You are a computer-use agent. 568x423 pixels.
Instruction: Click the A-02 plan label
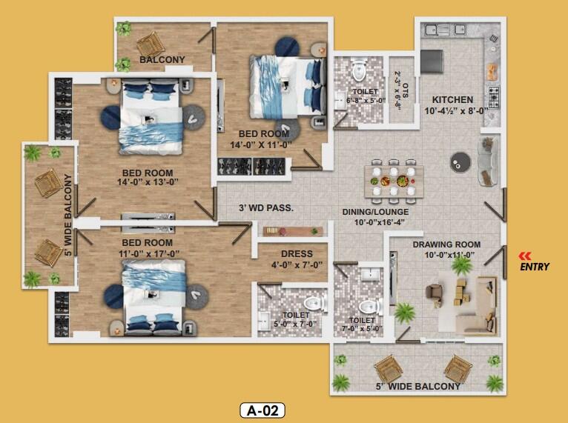(262, 410)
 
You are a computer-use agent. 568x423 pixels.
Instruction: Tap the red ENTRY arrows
(525, 256)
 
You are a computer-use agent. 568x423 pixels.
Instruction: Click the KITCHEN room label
(452, 99)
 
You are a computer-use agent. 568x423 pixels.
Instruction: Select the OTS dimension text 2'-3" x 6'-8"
(397, 91)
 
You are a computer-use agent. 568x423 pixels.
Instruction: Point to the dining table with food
(394, 181)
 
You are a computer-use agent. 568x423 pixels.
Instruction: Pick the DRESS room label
(297, 253)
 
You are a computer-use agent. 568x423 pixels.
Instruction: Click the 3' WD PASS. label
(266, 208)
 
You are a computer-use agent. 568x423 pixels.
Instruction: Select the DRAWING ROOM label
(446, 244)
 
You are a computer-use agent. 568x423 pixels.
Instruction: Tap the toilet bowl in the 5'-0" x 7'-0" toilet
(314, 304)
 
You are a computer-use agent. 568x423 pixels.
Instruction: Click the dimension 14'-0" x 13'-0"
(148, 182)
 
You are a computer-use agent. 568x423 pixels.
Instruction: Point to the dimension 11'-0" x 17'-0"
(149, 253)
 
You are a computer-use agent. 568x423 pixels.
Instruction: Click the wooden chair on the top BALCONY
(151, 45)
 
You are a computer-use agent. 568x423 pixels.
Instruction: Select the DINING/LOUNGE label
(375, 212)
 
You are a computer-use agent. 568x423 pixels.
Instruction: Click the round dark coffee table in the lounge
(460, 161)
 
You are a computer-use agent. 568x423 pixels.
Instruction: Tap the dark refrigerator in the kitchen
(432, 61)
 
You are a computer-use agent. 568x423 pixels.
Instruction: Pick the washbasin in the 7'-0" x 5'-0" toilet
(371, 274)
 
